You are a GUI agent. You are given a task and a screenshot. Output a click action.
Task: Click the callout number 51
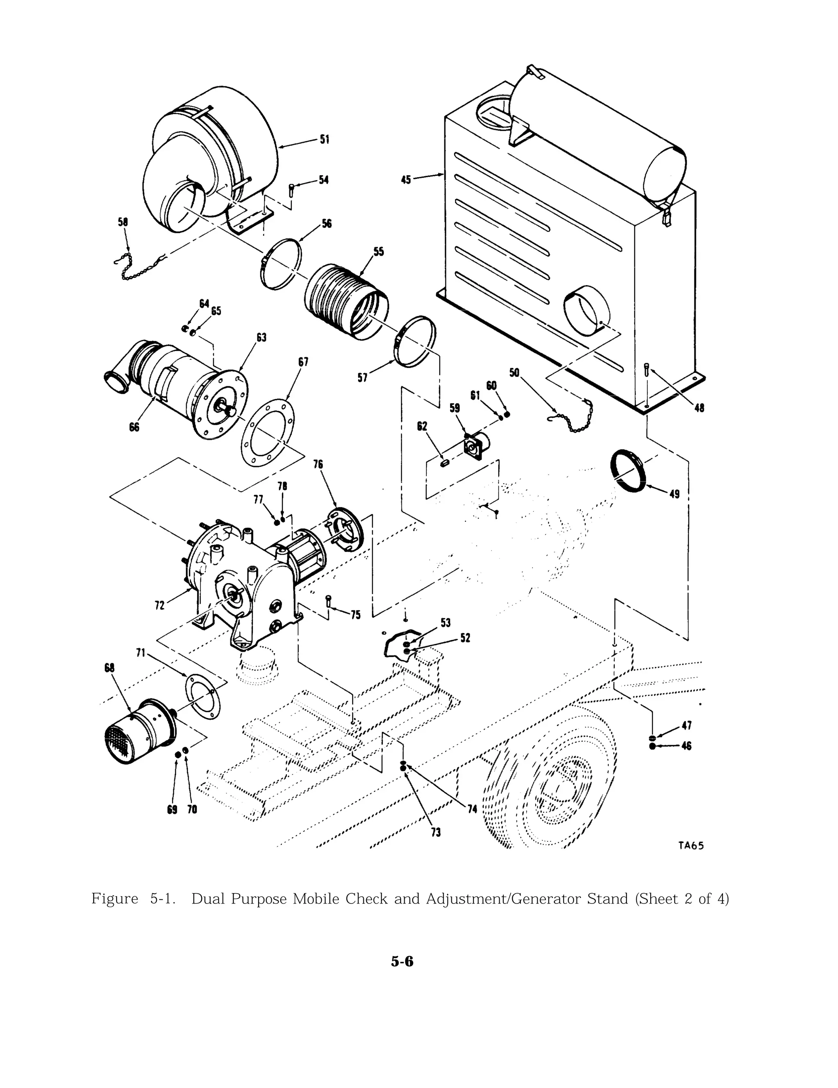tap(324, 140)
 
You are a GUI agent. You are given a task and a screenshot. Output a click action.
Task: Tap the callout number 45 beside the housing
tap(406, 179)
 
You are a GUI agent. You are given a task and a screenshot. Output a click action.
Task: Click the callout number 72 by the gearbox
tap(160, 606)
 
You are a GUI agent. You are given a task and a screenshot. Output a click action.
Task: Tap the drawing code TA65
tap(691, 845)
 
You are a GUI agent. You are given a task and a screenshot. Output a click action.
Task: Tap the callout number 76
tap(318, 464)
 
